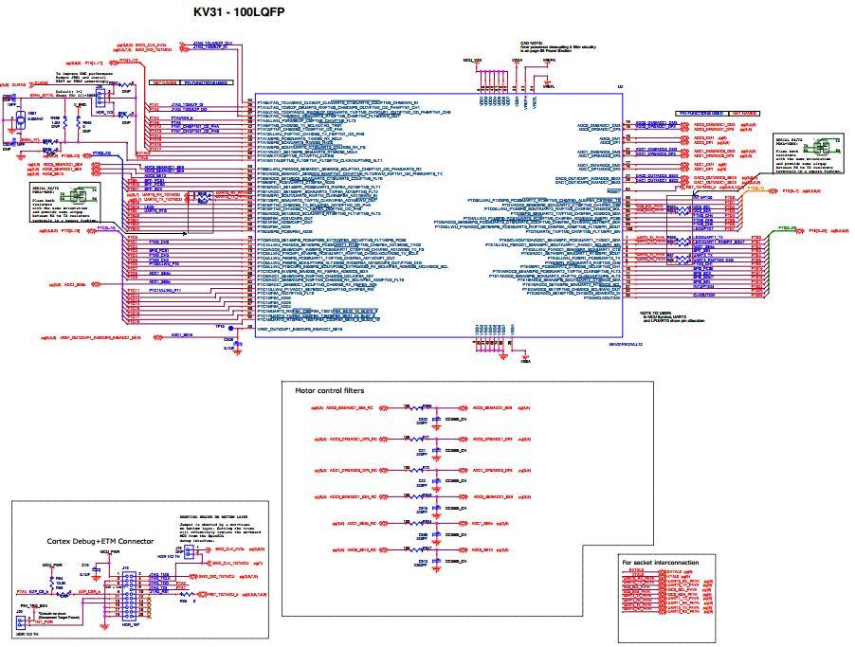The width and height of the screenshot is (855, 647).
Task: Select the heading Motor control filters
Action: tap(330, 389)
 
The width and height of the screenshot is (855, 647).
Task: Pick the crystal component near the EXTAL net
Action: tap(18, 118)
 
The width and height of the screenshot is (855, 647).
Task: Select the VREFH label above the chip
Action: tap(547, 59)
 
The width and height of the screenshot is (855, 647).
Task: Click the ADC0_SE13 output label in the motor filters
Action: tap(496, 548)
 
